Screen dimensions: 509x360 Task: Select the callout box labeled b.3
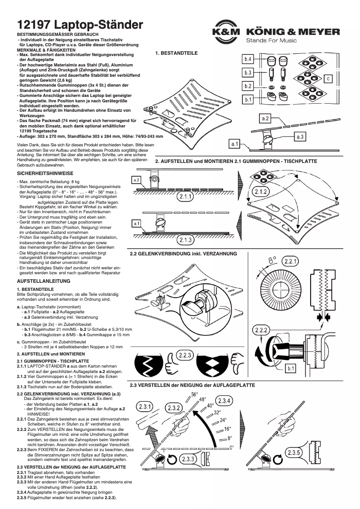pyautogui.click(x=248, y=73)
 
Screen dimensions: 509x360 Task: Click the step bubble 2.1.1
pyautogui.click(x=185, y=197)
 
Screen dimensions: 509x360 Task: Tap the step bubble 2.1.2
pyautogui.click(x=261, y=192)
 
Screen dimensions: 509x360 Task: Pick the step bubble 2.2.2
pyautogui.click(x=262, y=331)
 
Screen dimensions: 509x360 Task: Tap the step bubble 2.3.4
pyautogui.click(x=224, y=401)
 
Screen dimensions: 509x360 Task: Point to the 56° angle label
pyautogui.click(x=194, y=395)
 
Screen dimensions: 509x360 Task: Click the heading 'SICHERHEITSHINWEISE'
pyautogui.click(x=45, y=173)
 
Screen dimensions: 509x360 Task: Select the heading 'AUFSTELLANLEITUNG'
pyautogui.click(x=44, y=281)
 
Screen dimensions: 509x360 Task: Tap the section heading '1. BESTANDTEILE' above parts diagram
pyautogui.click(x=176, y=53)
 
